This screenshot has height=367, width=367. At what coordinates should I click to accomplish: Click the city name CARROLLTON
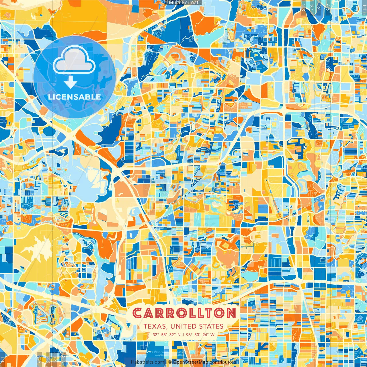click(x=184, y=313)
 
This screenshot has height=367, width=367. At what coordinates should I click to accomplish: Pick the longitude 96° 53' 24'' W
click(x=200, y=335)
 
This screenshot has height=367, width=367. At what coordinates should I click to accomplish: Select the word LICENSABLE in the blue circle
click(x=74, y=97)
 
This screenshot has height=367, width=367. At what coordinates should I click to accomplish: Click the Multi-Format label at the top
click(x=183, y=3)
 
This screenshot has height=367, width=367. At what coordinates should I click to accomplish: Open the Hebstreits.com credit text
click(x=147, y=362)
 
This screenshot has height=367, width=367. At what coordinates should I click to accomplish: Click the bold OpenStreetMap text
click(x=191, y=362)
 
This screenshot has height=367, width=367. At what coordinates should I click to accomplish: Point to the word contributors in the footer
click(x=223, y=362)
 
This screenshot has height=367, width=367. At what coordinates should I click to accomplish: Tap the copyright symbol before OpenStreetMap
click(x=170, y=362)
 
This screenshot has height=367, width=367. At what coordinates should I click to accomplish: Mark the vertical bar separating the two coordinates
click(x=183, y=335)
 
